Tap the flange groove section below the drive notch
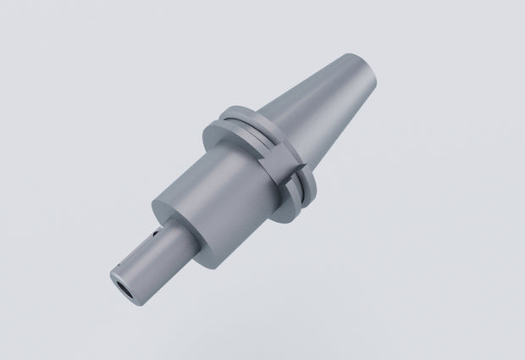(x=292, y=195)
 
